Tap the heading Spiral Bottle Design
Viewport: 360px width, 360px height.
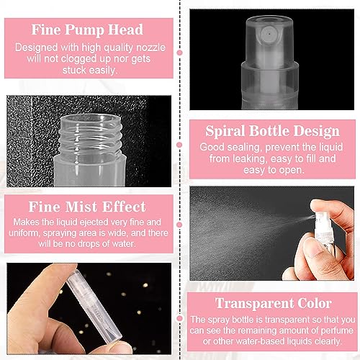click(273, 131)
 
